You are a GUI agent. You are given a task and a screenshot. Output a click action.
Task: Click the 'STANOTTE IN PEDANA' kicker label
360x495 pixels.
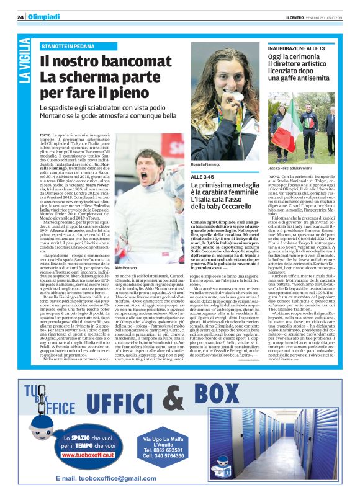67,47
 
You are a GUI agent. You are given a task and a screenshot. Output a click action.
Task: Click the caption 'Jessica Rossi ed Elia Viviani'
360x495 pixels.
292,150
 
